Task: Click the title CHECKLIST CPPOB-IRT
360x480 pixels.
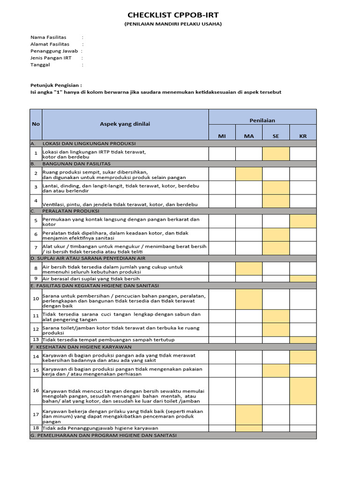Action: pyautogui.click(x=173, y=15)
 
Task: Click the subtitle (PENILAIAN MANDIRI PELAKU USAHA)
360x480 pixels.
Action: pyautogui.click(x=173, y=24)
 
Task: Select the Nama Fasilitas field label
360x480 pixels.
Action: pyautogui.click(x=48, y=37)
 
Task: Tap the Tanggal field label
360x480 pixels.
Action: pyautogui.click(x=40, y=65)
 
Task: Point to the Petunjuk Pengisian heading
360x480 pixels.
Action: pyautogui.click(x=56, y=85)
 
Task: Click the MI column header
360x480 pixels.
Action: pyautogui.click(x=222, y=136)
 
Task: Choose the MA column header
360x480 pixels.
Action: pyautogui.click(x=248, y=136)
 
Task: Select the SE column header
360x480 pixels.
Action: pyautogui.click(x=276, y=136)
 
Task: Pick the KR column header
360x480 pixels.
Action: pyautogui.click(x=303, y=136)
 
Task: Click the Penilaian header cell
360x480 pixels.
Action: pyautogui.click(x=262, y=120)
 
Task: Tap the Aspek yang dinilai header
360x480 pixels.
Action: pyautogui.click(x=125, y=124)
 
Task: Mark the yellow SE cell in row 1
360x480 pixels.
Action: pyautogui.click(x=276, y=154)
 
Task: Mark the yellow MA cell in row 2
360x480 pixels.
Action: pyautogui.click(x=248, y=174)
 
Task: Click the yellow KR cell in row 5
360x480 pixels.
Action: pyautogui.click(x=303, y=221)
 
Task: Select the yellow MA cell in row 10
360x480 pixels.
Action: pyautogui.click(x=248, y=299)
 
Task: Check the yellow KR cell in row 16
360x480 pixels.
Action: pyautogui.click(x=303, y=391)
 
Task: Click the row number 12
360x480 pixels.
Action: pyautogui.click(x=36, y=330)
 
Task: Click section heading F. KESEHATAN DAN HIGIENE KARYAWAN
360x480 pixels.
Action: pyautogui.click(x=81, y=347)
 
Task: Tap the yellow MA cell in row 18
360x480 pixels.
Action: pyautogui.click(x=248, y=428)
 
